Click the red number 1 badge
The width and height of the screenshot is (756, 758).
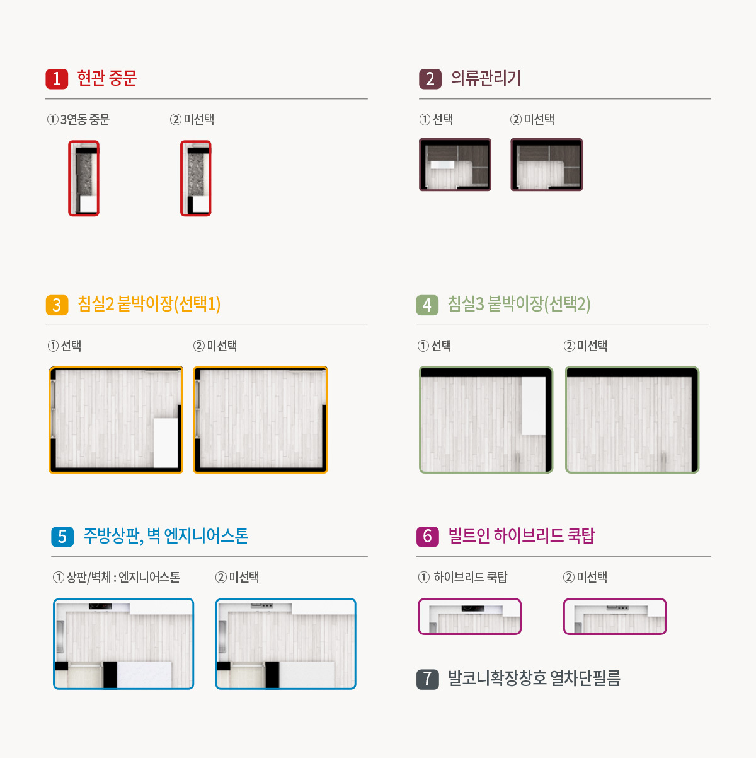[57, 78]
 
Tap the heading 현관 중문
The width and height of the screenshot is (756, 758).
[106, 78]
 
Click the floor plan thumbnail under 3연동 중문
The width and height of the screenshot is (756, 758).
[84, 178]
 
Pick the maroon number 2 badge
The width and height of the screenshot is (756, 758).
[430, 78]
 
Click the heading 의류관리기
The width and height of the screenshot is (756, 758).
[486, 78]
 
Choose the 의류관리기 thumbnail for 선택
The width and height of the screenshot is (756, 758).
[455, 165]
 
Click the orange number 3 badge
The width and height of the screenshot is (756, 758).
[57, 305]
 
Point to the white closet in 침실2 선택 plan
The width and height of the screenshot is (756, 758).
[166, 442]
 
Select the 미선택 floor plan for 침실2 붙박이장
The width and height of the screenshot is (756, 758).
[260, 419]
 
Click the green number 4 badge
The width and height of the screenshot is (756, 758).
[427, 305]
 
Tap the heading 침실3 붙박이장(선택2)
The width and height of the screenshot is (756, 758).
[519, 304]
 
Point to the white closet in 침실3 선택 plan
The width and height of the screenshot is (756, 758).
[534, 405]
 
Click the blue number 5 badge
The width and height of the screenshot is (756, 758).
[62, 536]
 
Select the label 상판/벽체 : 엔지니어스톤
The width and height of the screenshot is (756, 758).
[117, 577]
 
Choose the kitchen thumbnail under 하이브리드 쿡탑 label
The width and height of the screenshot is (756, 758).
[470, 616]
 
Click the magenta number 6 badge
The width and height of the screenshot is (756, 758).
[427, 536]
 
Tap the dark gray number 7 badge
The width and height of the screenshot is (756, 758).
[427, 679]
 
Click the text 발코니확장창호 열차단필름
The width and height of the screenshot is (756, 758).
[534, 679]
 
